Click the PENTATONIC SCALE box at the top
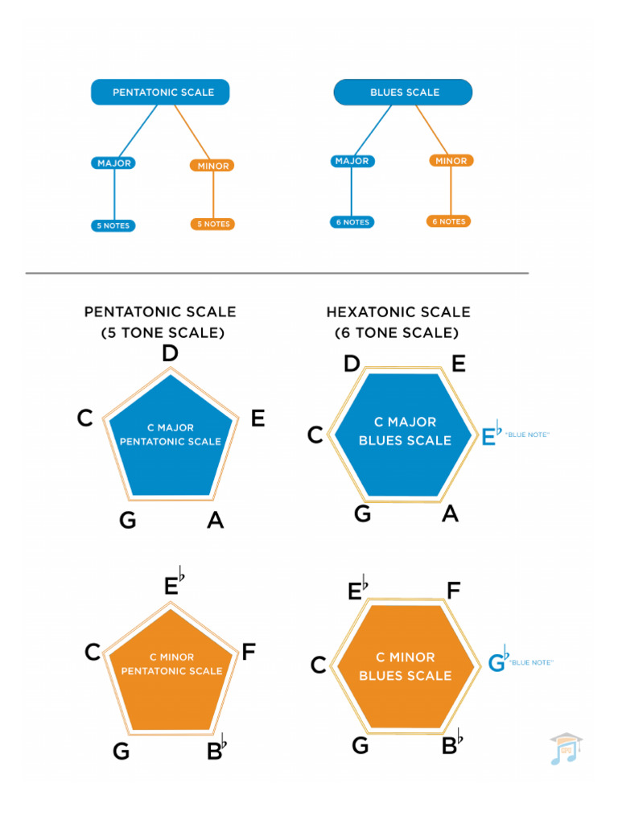tap(160, 93)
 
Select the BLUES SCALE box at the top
tap(403, 93)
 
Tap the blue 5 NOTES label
tap(113, 226)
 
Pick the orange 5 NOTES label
tap(212, 225)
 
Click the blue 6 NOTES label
tap(352, 222)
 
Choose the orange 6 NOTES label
tap(448, 221)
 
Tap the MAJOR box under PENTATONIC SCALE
tap(113, 163)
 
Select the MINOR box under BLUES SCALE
tap(451, 161)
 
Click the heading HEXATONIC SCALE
tap(398, 312)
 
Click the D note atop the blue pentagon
tap(170, 354)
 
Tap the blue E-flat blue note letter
tap(490, 435)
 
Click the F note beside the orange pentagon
tap(249, 651)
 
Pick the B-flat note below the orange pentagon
tap(216, 750)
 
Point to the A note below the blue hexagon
tap(450, 513)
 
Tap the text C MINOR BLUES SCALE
tap(405, 666)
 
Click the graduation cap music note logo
tap(565, 748)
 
